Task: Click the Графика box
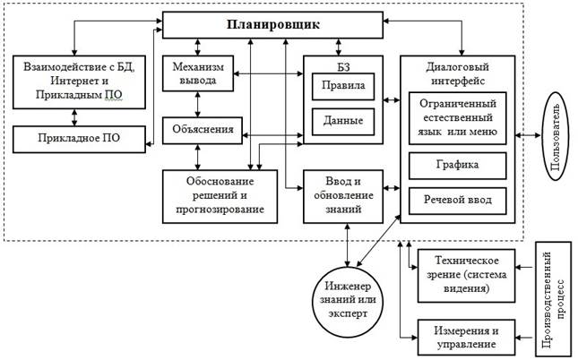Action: (x=457, y=165)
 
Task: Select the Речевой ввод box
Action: (x=457, y=198)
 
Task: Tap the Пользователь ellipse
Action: (x=556, y=136)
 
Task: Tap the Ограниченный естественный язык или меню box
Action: (x=457, y=118)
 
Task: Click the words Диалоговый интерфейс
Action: (x=457, y=71)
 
